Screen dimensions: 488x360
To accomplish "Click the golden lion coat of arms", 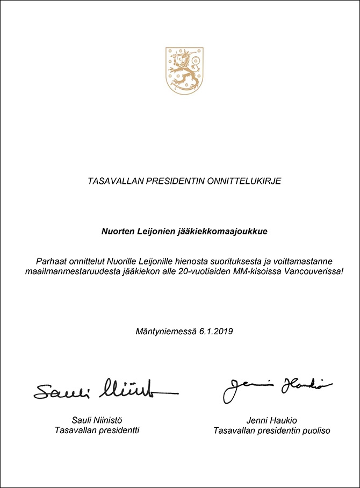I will (x=184, y=70).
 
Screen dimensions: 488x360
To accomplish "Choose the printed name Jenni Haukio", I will (x=271, y=420).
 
